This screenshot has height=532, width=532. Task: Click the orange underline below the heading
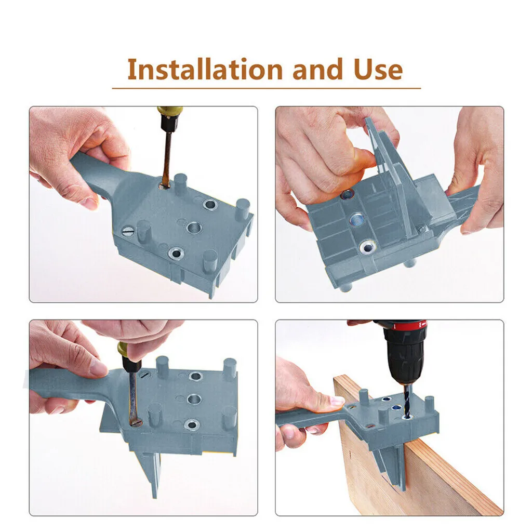[267, 88]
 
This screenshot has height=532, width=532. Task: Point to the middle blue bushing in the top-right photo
[357, 220]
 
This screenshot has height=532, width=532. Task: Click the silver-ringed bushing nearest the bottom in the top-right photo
[368, 247]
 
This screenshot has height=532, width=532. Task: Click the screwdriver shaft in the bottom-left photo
[132, 397]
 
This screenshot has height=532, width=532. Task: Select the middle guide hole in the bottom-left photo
[194, 400]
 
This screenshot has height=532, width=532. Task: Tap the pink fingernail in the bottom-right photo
[336, 401]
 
